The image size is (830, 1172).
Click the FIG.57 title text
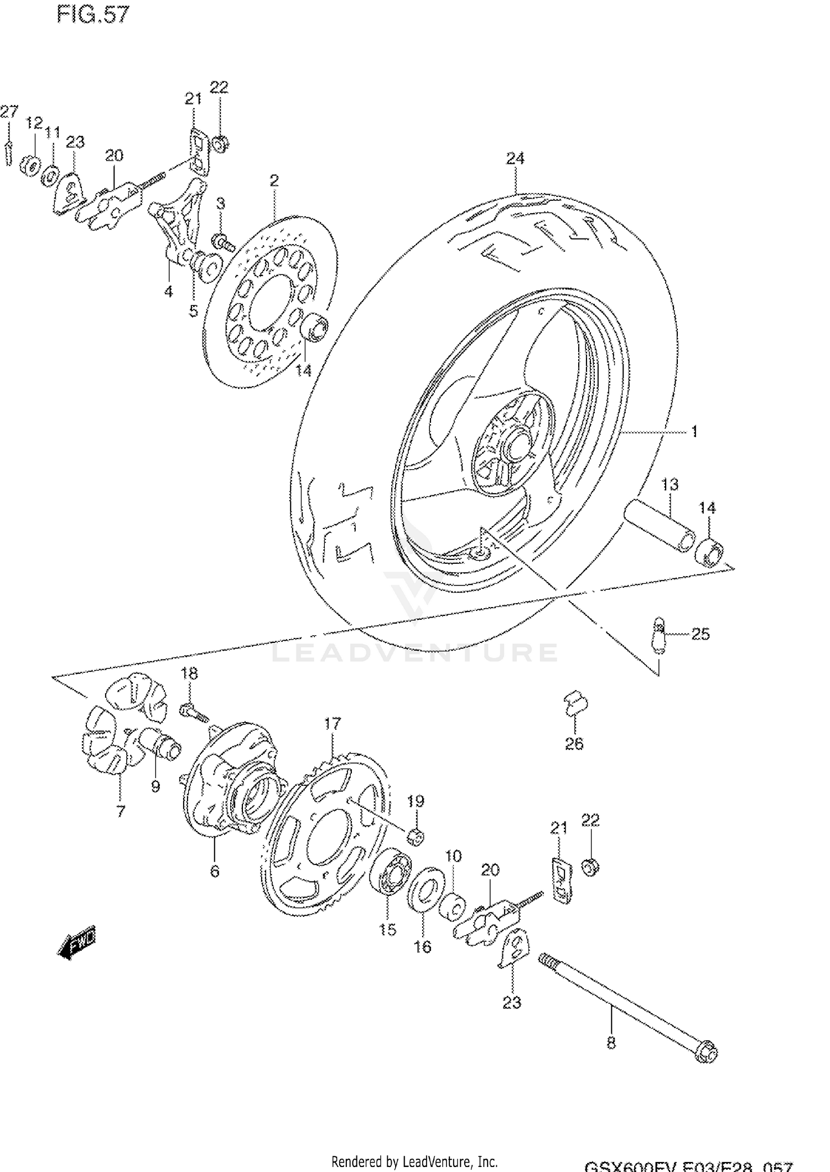(x=92, y=15)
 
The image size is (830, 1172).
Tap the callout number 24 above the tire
(x=515, y=159)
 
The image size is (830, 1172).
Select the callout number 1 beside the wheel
(x=694, y=432)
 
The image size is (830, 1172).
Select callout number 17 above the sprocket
(x=333, y=723)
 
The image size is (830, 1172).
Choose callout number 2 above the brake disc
(x=274, y=180)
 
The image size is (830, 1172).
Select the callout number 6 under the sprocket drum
(x=215, y=871)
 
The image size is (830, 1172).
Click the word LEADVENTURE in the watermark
(x=415, y=652)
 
